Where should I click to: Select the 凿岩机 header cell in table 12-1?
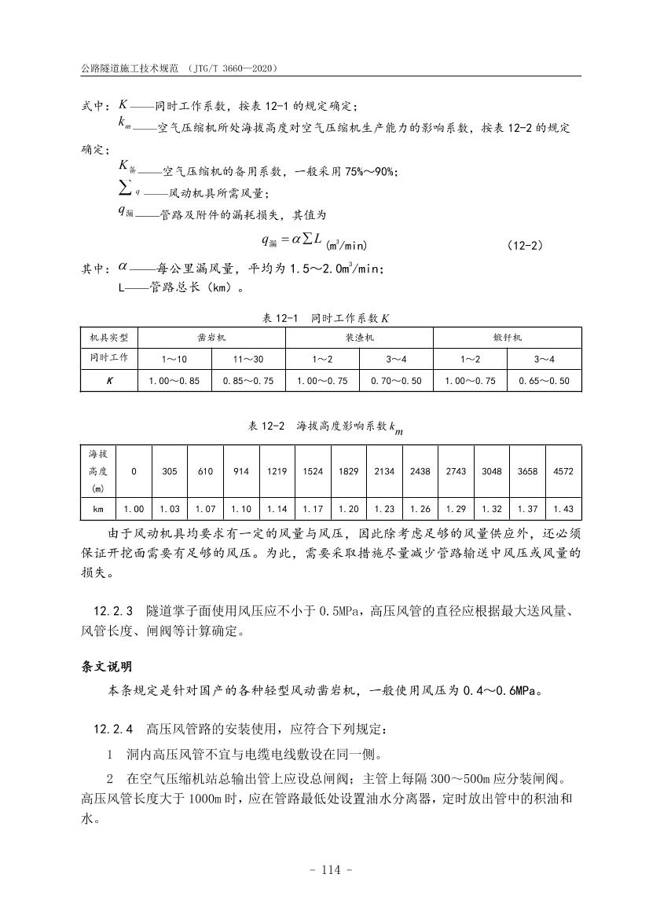click(x=211, y=338)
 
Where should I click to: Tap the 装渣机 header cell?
click(x=359, y=338)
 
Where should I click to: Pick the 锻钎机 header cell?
click(x=508, y=338)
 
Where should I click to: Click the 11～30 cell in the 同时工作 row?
click(x=248, y=359)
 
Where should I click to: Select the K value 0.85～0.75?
click(x=248, y=381)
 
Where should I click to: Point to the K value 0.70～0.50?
click(x=396, y=381)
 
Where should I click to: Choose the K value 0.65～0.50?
click(x=544, y=381)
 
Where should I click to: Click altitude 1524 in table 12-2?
click(x=313, y=472)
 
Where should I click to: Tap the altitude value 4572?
click(x=563, y=472)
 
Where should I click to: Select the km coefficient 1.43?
click(x=563, y=509)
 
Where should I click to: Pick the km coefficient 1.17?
click(x=313, y=509)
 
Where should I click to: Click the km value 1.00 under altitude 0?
click(x=134, y=509)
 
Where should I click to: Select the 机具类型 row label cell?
click(x=108, y=338)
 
